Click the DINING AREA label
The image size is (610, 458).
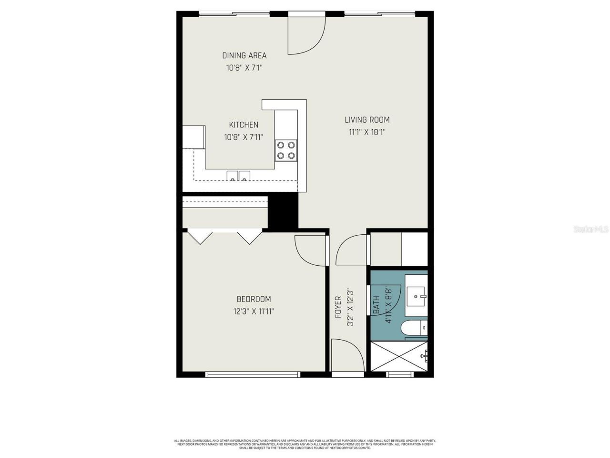click(244, 55)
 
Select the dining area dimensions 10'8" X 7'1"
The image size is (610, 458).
click(244, 68)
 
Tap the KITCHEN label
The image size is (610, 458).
click(244, 125)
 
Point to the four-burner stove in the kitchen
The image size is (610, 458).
click(286, 150)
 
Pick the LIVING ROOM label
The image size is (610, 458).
click(367, 120)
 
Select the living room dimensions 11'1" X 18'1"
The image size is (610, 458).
click(367, 132)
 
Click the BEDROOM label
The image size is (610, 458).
click(254, 299)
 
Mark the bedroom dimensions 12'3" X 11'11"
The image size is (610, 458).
click(254, 312)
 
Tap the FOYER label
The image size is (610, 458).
click(338, 307)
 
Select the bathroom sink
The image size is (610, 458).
click(417, 295)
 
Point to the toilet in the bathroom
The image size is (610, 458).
click(413, 328)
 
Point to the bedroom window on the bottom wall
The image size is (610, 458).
click(253, 375)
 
